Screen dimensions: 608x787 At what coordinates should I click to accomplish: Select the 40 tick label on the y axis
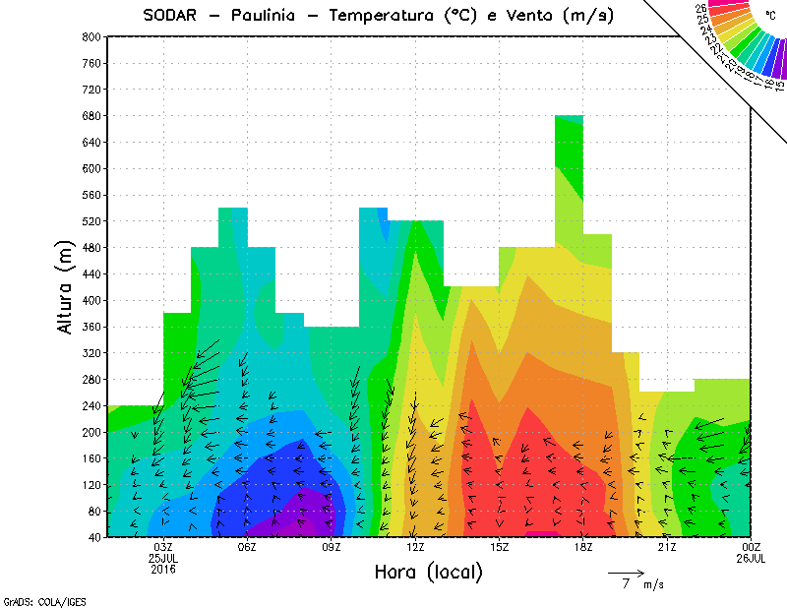[95, 537]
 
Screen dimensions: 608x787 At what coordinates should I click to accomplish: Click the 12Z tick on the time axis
[415, 547]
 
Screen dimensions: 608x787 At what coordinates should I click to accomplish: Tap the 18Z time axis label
[582, 547]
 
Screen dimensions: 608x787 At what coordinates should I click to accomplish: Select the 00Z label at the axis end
[751, 547]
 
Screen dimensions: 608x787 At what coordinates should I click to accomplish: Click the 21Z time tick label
[667, 547]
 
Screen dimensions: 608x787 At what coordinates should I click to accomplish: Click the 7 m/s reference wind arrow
[625, 572]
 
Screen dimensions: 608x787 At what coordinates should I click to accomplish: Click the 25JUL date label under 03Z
[162, 558]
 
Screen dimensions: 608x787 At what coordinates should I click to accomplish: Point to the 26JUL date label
[751, 558]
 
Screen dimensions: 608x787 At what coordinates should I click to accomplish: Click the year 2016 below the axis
[162, 569]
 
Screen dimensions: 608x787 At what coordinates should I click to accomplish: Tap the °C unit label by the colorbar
[768, 16]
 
